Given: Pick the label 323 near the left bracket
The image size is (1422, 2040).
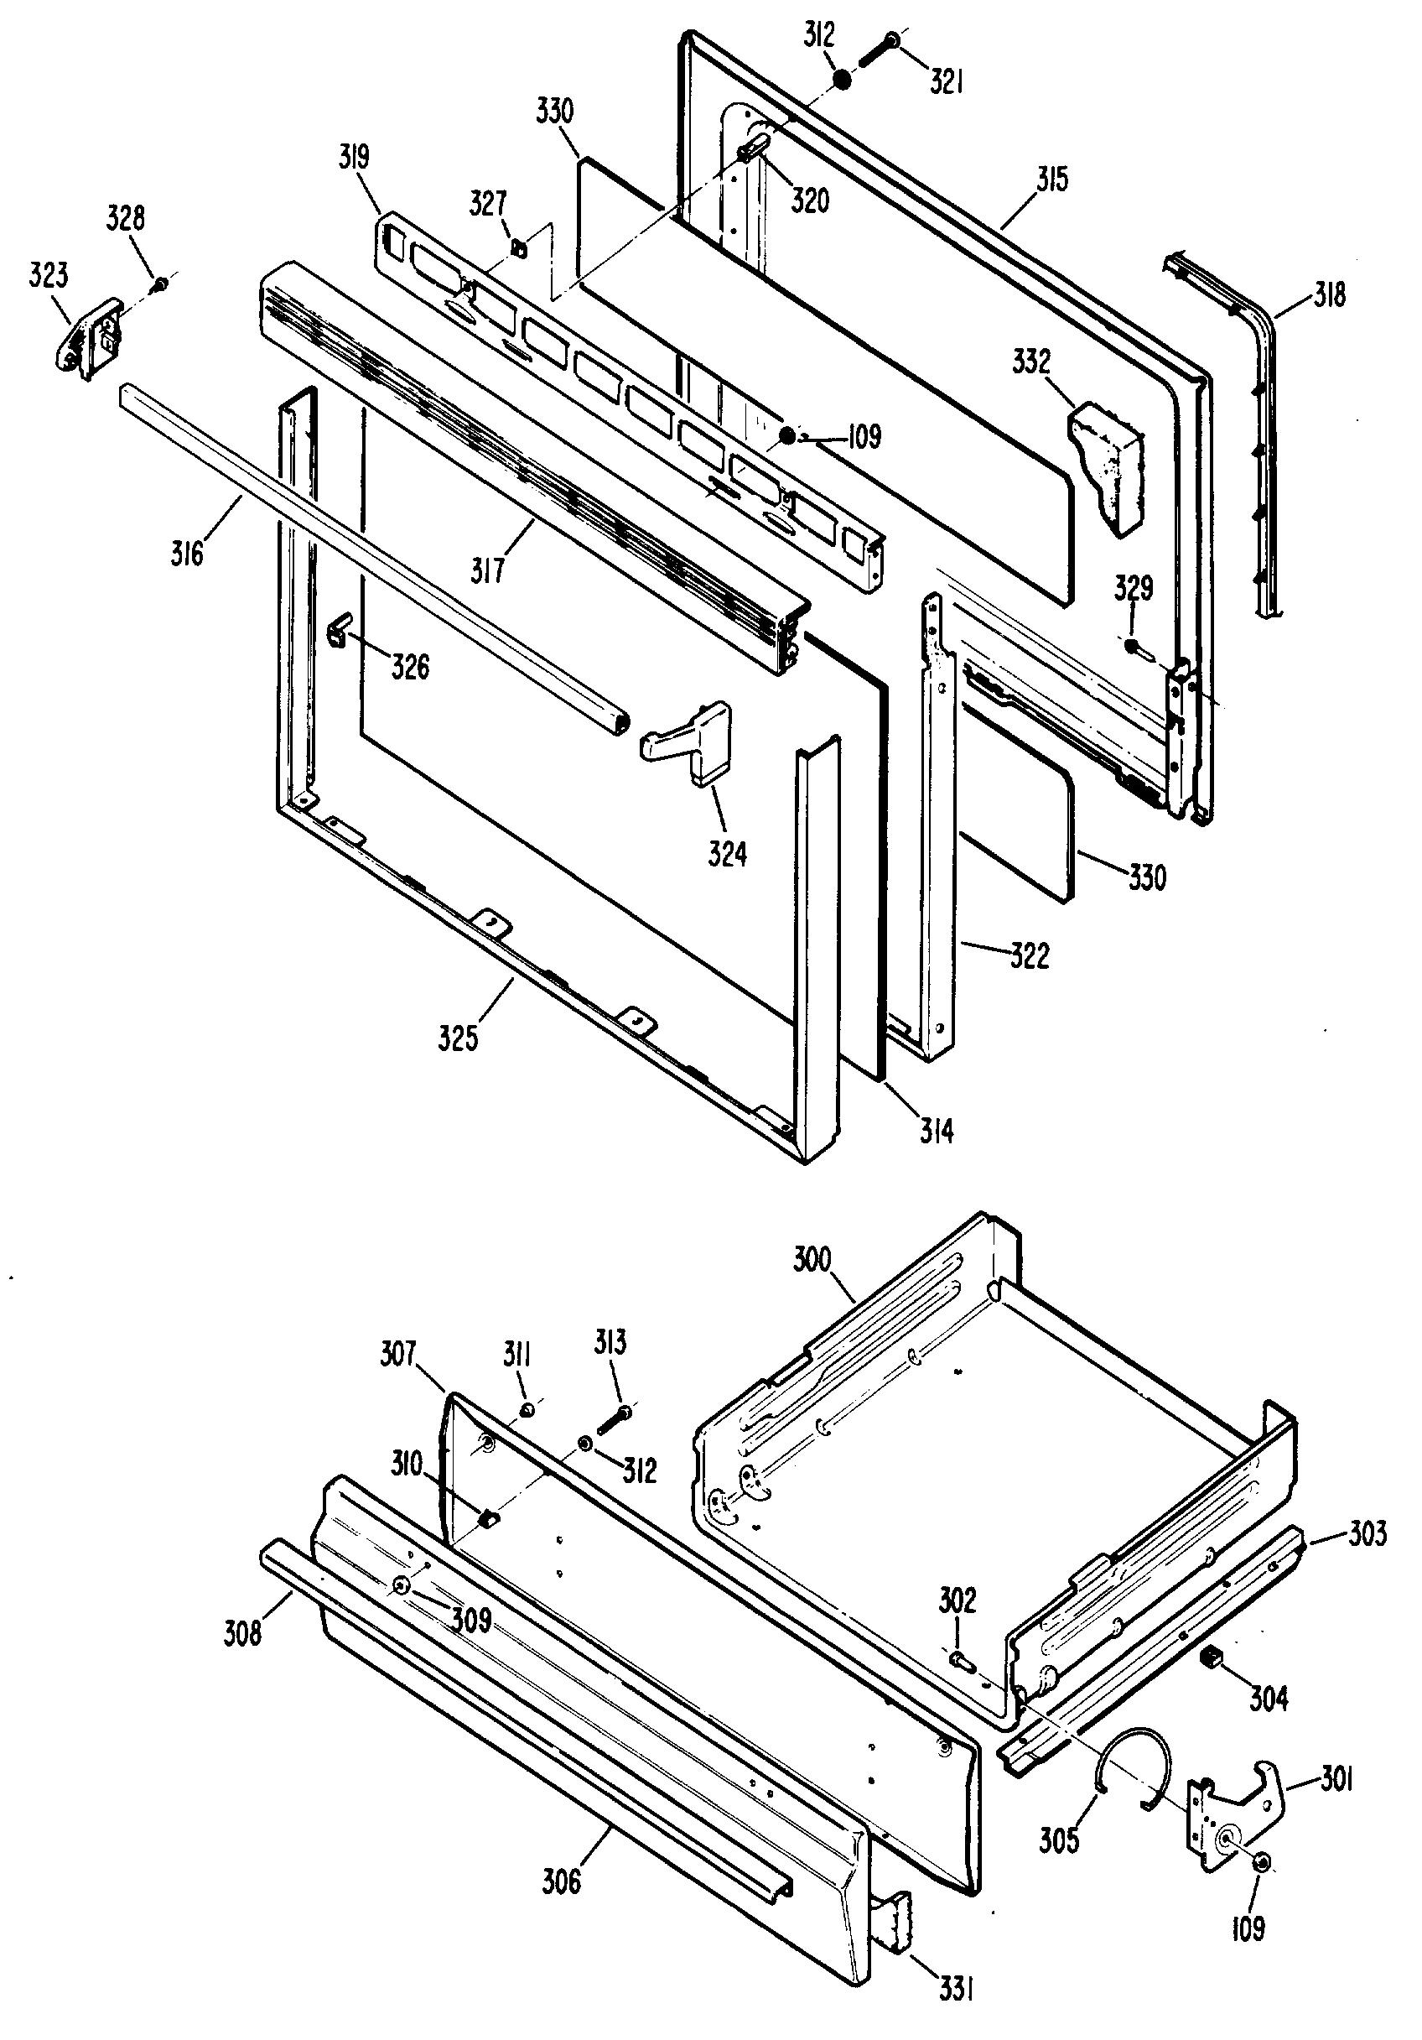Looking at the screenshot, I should pos(49,275).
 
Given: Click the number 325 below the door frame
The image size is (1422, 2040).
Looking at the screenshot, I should pos(459,1037).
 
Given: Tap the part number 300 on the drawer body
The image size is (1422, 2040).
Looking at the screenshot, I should pos(812,1260).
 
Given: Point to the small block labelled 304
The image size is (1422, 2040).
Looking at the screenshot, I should pos(1210,1656).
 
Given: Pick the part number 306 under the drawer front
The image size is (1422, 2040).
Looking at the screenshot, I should pos(562,1881).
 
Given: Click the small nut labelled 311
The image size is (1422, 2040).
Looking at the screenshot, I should pos(527,1409).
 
